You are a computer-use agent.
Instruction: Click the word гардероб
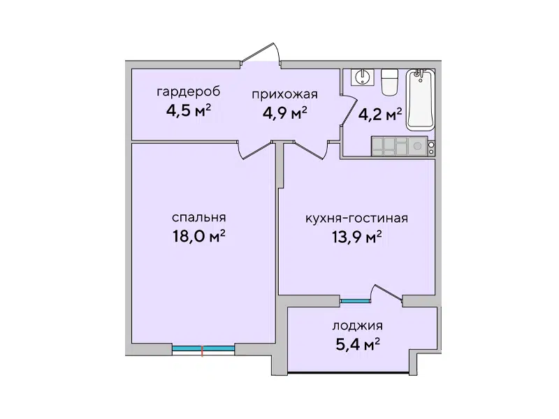[x=189, y=92]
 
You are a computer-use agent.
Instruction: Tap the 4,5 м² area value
[x=189, y=110]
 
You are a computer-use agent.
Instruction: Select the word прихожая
[x=284, y=94]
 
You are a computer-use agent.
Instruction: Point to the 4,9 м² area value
[x=285, y=113]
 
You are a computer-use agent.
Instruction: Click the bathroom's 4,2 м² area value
[x=380, y=115]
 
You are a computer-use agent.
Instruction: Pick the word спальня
[x=199, y=217]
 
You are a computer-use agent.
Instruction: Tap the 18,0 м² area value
[x=199, y=235]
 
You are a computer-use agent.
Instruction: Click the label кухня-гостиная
[x=357, y=218]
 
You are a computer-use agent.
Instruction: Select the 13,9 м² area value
[x=357, y=237]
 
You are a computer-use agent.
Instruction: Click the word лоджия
[x=358, y=326]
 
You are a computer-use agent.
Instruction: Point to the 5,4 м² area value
[x=358, y=344]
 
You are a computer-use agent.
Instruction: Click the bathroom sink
[x=363, y=77]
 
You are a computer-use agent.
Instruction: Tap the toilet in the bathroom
[x=389, y=82]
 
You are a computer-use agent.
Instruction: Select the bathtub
[x=421, y=100]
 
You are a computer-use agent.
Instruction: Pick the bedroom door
[x=255, y=149]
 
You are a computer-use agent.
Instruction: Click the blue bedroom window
[x=203, y=348]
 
